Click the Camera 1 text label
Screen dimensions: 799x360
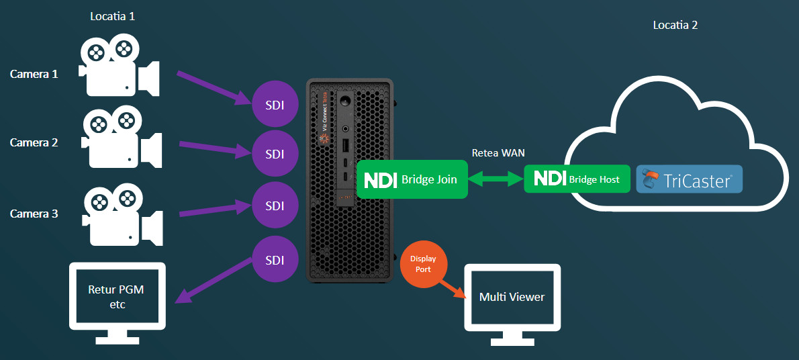pos(34,74)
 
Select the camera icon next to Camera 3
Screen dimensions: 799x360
pos(122,215)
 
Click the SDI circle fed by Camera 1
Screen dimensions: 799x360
pos(275,105)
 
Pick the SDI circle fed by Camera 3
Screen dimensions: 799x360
pos(275,206)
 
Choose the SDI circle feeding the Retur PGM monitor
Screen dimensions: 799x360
pos(275,259)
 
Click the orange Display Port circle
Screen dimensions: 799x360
pos(424,264)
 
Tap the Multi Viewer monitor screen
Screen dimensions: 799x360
pos(512,298)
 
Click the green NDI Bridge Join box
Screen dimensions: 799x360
pos(412,179)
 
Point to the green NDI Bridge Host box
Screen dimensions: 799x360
pos(577,179)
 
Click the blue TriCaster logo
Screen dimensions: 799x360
pos(689,179)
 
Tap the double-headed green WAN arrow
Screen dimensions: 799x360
pos(496,179)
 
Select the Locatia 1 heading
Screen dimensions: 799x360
pos(113,16)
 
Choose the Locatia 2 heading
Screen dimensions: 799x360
pos(675,25)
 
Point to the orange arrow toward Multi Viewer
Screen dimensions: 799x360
pos(453,289)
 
